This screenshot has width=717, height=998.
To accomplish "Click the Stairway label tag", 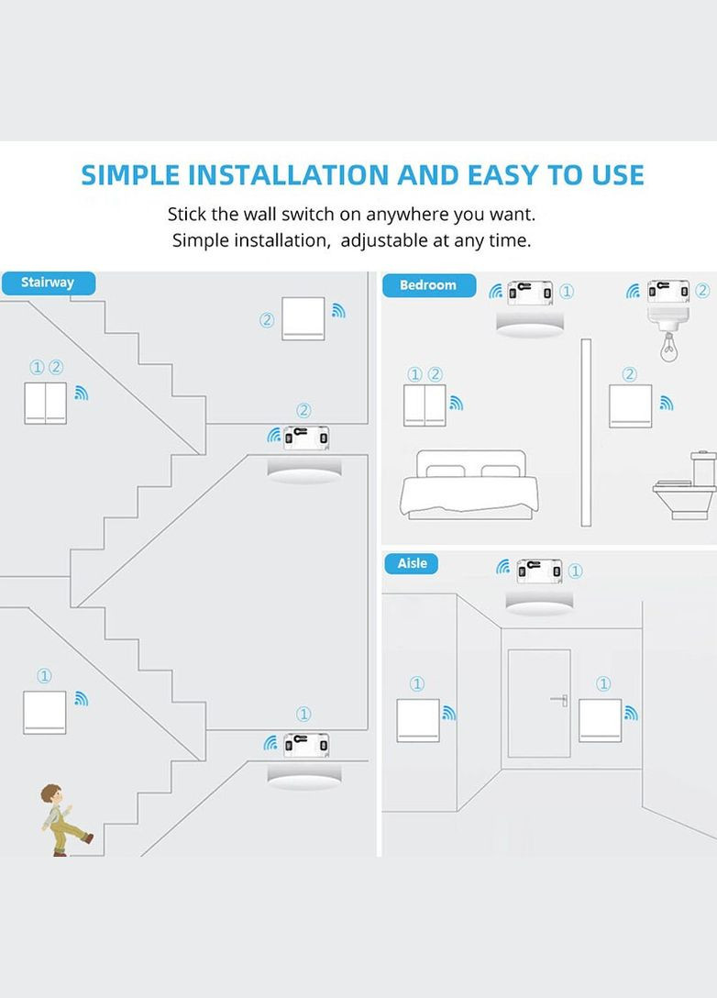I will coord(48,283).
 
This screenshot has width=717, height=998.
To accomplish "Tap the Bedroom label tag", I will coord(427,285).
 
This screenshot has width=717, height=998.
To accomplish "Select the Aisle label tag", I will coord(412,563).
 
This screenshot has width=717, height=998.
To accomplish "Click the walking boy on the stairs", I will coord(62,820).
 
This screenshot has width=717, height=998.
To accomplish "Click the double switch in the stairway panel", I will coord(45,403).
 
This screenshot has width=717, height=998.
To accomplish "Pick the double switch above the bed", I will coord(425,405).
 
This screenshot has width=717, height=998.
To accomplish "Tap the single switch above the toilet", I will coord(631,405).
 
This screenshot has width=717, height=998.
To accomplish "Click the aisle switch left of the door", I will coord(418,720).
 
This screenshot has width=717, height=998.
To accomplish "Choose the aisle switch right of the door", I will coord(600,720).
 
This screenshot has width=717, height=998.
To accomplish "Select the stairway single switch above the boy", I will coord(44,713).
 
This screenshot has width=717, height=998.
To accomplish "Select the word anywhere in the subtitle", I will coord(410,215).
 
